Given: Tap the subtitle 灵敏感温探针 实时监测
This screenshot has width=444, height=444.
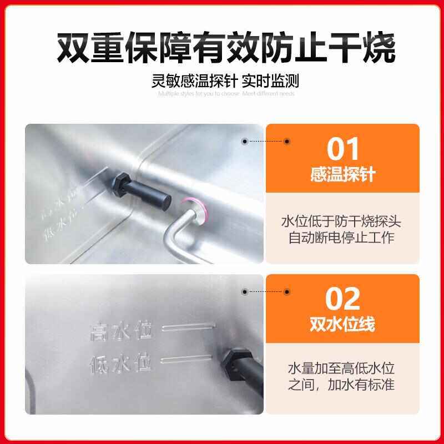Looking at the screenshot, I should (x=225, y=81).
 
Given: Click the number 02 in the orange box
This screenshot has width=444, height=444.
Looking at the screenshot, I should (x=343, y=298).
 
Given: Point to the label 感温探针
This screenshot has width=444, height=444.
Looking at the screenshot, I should (x=343, y=175).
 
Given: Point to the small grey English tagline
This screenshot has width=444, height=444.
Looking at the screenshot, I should (x=226, y=93).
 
